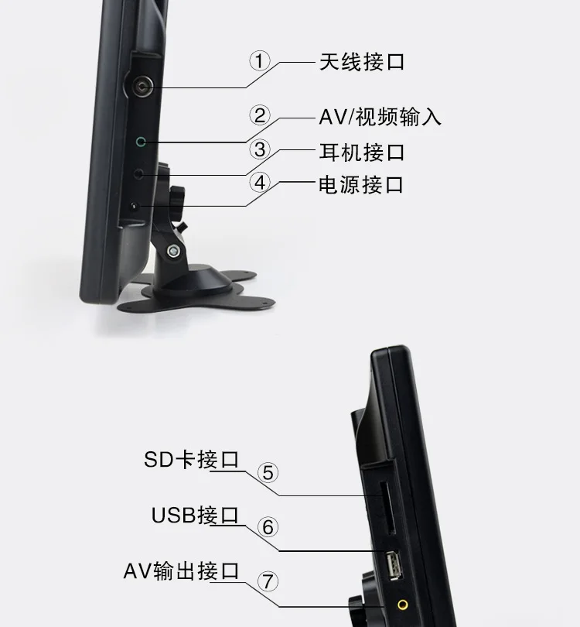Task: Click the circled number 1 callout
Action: [260, 61]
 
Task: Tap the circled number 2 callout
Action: [260, 115]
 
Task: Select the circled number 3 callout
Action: [260, 149]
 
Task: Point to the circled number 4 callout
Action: [260, 183]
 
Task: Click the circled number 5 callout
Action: [268, 473]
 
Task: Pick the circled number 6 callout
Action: [268, 527]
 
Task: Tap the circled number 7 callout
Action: [268, 582]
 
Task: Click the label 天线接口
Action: [362, 62]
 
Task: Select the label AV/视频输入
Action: [380, 117]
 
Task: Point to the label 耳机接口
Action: [362, 152]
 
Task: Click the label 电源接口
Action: [361, 185]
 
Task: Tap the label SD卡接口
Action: [191, 460]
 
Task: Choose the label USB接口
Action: [195, 515]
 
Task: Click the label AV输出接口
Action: [182, 570]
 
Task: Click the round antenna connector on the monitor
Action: [141, 86]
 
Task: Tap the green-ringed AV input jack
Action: [141, 142]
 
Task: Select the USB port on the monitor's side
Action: [394, 565]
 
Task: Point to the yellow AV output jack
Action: [403, 605]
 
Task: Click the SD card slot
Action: [387, 508]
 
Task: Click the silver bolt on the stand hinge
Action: [173, 251]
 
